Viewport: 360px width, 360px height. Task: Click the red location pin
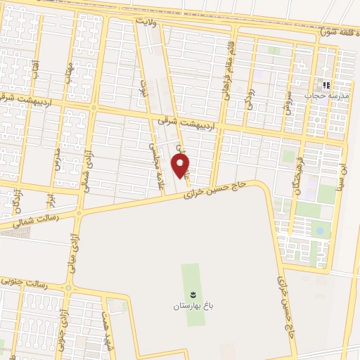[181, 166]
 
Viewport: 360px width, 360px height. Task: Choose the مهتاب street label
[69, 73]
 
